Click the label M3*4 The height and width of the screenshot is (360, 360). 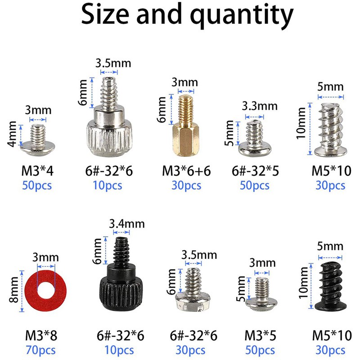(38, 171)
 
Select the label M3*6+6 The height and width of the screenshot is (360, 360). (186, 171)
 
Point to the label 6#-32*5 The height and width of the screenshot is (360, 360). (255, 171)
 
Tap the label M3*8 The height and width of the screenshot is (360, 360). (41, 335)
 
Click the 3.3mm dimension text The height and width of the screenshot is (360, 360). (260, 106)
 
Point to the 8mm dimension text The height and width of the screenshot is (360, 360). (14, 292)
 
